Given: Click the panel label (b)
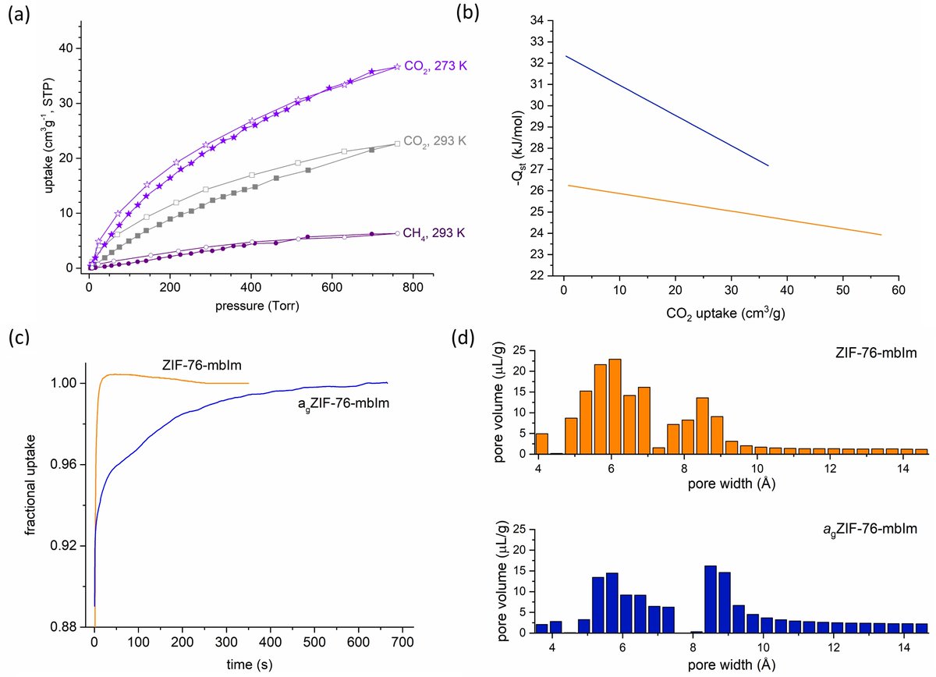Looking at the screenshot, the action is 467,13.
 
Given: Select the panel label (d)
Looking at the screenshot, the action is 463,338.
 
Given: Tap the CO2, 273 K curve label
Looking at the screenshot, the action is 435,66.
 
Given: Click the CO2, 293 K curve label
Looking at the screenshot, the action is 434,141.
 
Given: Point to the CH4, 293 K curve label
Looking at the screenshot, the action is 434,232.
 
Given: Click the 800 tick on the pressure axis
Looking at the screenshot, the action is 413,288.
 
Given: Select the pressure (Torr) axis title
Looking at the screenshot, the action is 257,306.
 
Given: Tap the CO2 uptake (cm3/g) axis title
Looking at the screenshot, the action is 725,313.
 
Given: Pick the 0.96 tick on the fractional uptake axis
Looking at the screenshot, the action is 63,464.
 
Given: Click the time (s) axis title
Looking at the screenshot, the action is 249,664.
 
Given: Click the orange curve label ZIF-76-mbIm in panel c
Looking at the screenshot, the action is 201,365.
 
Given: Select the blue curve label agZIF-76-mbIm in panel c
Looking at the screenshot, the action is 343,404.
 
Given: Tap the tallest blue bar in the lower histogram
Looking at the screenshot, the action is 711,599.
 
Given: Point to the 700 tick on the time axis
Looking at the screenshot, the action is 402,641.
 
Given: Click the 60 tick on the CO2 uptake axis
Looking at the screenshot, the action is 899,290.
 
